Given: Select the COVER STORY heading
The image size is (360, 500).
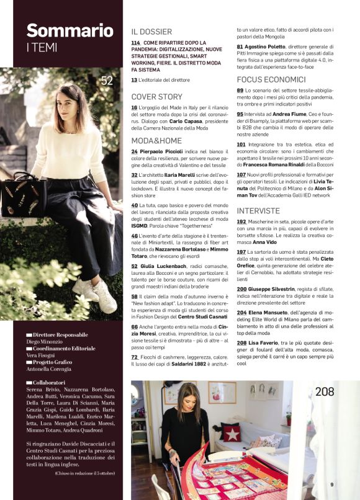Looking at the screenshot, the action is coord(156,97).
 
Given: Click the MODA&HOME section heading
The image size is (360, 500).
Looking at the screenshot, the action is coord(156,140).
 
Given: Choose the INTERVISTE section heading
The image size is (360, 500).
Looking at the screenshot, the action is coord(258,211).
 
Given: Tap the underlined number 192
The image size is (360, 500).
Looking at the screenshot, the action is coord(241,221).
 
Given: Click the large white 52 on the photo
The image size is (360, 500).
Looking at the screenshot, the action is coord(107,80).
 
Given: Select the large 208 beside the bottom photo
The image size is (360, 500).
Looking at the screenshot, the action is coord(325,391).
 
